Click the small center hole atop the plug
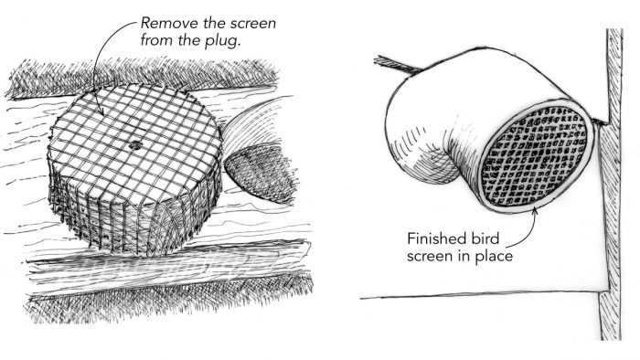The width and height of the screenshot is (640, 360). coord(135,144)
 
